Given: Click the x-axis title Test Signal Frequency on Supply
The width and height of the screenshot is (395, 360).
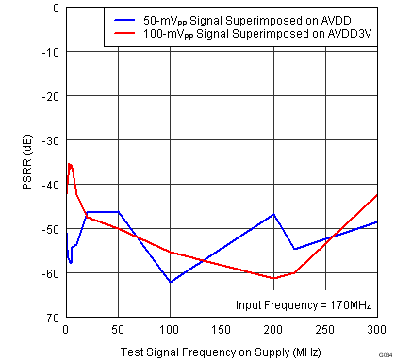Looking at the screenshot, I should [221, 352].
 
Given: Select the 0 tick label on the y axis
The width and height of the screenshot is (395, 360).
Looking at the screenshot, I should [56, 8].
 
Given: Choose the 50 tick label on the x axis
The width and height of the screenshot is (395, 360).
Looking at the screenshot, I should [118, 330].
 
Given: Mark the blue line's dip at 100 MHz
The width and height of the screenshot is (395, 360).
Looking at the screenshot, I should [170, 282].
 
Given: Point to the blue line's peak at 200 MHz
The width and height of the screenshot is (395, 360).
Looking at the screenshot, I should [273, 214].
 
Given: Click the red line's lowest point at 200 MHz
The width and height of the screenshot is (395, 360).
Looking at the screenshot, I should [273, 278].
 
